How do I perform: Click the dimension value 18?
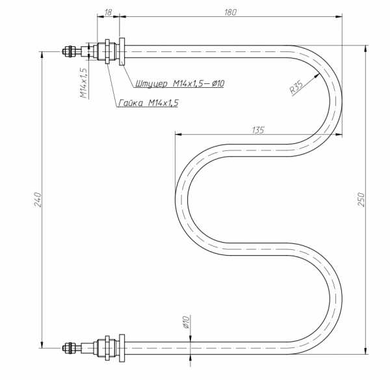108,12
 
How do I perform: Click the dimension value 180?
230,12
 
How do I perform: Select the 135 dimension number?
258,130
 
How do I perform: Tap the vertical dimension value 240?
38,199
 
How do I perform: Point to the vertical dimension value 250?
361,199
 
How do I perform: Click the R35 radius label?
297,87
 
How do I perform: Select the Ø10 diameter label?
187,322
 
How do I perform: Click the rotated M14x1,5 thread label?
84,83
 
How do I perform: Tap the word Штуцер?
151,83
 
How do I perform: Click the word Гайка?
131,103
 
